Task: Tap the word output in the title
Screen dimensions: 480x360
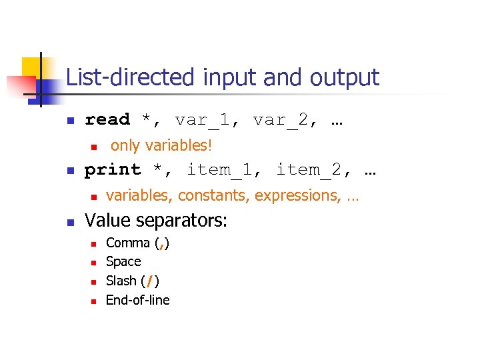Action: [x=344, y=78]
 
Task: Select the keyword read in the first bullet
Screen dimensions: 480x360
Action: [x=107, y=120]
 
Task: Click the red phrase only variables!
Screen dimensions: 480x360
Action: [x=161, y=145]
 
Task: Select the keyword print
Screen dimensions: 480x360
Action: [x=113, y=170]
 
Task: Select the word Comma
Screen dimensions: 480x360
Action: [x=128, y=243]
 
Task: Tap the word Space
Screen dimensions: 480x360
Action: [x=123, y=262]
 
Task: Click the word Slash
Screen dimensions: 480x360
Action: [x=121, y=281]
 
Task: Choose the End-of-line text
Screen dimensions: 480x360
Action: [x=138, y=300]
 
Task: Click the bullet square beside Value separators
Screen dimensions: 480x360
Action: [x=70, y=221]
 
